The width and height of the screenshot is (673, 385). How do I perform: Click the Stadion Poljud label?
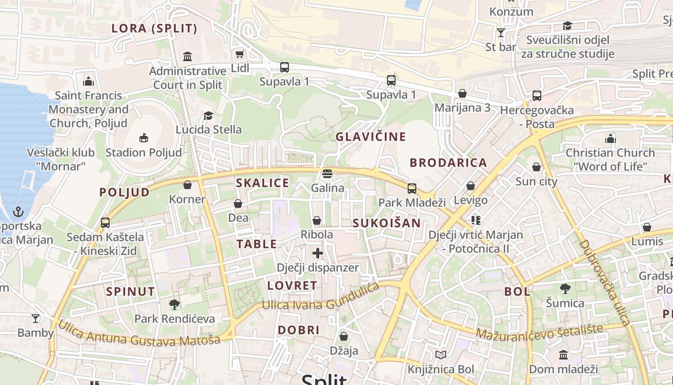point(144,153)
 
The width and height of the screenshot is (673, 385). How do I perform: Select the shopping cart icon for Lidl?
point(239,54)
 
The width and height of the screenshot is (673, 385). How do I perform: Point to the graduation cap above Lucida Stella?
point(208,115)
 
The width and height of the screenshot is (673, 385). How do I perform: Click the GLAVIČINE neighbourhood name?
point(371,137)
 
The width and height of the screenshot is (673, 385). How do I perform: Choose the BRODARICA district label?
point(448,163)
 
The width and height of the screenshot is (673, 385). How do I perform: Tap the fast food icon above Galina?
point(327,173)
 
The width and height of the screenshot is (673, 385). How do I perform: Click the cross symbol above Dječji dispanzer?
point(317,253)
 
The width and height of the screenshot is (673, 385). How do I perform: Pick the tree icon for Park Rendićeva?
point(174,304)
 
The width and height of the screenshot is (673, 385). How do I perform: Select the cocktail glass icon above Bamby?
point(35,318)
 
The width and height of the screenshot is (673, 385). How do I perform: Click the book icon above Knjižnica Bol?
point(441,355)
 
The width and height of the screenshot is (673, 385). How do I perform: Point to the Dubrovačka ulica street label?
point(604,282)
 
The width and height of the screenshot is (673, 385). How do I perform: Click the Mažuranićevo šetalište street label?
point(539,332)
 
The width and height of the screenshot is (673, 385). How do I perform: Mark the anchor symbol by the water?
point(18,212)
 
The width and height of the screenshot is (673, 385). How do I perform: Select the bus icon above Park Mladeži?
point(412,188)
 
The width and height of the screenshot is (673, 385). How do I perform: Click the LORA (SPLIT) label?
point(154,28)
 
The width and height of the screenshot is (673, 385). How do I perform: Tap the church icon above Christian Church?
point(611,139)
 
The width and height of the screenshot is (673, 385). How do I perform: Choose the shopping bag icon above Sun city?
point(536,167)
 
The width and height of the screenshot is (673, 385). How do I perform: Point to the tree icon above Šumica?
point(565,289)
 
